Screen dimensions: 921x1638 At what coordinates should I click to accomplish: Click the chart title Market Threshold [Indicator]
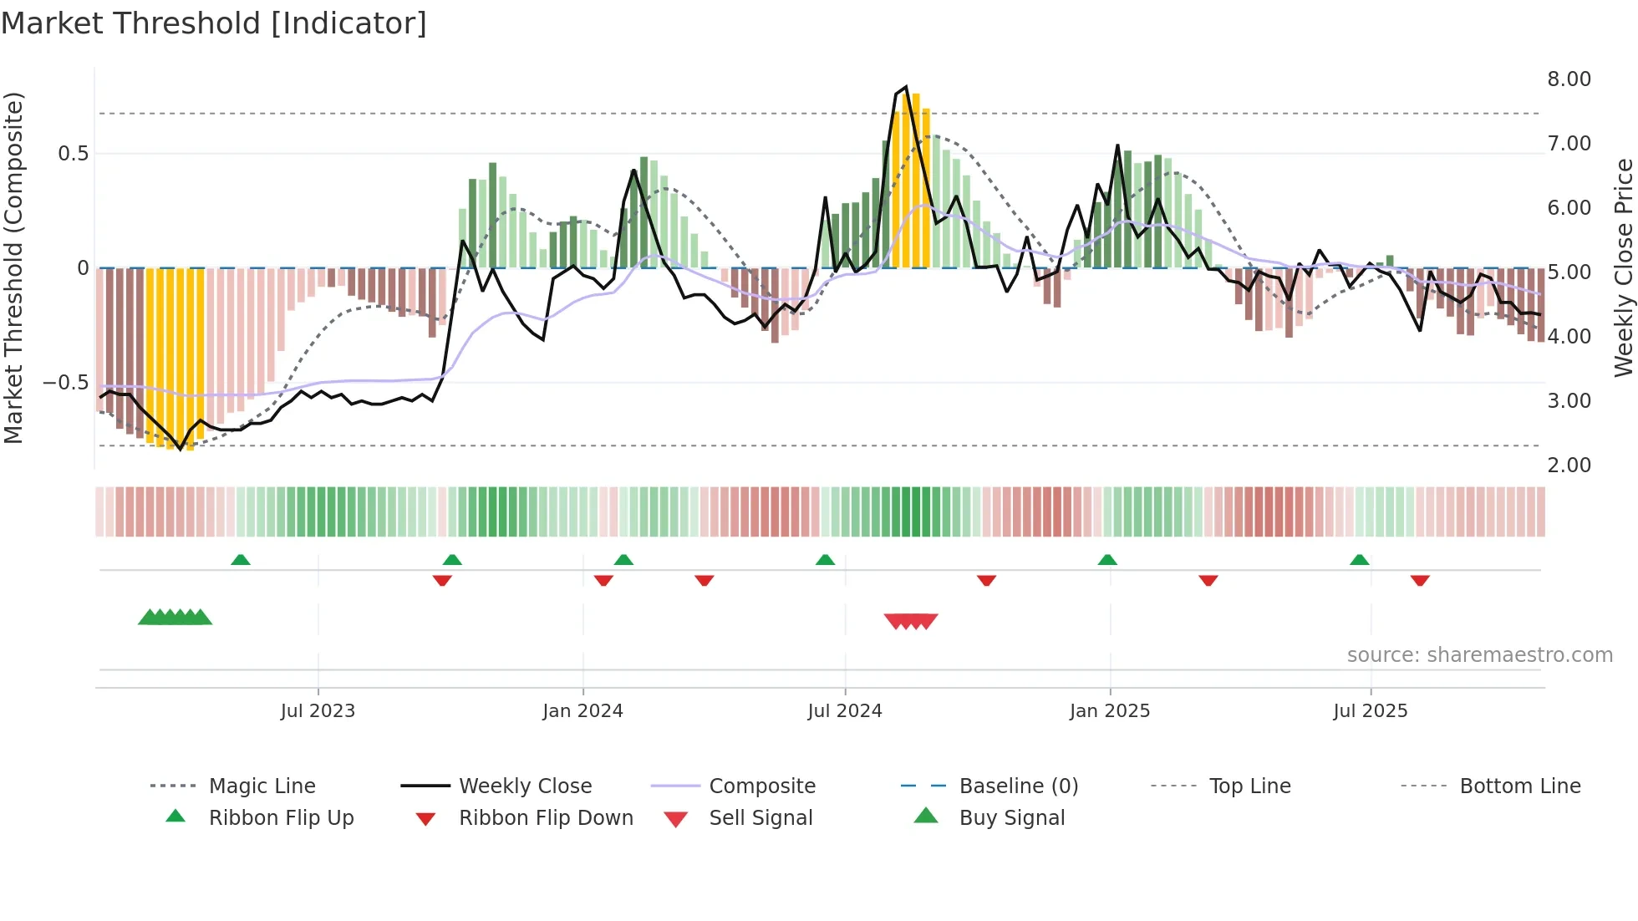[214, 23]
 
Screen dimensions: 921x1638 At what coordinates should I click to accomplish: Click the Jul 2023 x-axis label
[318, 711]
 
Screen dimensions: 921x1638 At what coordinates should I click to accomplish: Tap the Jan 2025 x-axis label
[1110, 711]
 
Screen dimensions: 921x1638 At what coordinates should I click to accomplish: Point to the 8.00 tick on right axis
[1569, 79]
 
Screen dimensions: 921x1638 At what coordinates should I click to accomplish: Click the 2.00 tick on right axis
[1569, 466]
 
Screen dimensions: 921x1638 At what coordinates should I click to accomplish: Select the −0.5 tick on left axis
[66, 383]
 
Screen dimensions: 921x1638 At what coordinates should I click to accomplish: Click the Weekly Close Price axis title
[1623, 267]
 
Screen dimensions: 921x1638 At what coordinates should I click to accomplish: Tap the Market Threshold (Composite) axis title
[13, 267]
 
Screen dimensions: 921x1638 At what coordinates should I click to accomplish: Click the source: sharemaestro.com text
[1479, 655]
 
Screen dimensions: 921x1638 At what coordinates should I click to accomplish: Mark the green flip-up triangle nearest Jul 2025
[1359, 560]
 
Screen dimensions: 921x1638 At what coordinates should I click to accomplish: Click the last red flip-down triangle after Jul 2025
[1420, 580]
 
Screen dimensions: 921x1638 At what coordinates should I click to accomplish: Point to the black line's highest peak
[906, 87]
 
